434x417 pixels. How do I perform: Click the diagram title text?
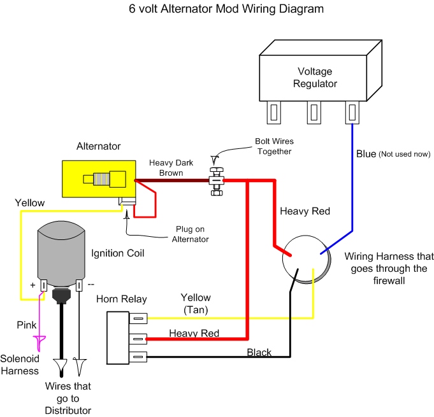217,10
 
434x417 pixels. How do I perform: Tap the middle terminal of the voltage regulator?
312,113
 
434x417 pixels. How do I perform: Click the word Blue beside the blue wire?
366,153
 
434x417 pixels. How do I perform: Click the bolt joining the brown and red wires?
217,180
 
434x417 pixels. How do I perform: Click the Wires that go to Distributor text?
68,397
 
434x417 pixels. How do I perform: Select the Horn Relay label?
121,299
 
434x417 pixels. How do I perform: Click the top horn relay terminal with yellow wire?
138,318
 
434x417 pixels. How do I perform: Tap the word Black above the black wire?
259,352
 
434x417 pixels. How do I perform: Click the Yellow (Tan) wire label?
195,303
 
